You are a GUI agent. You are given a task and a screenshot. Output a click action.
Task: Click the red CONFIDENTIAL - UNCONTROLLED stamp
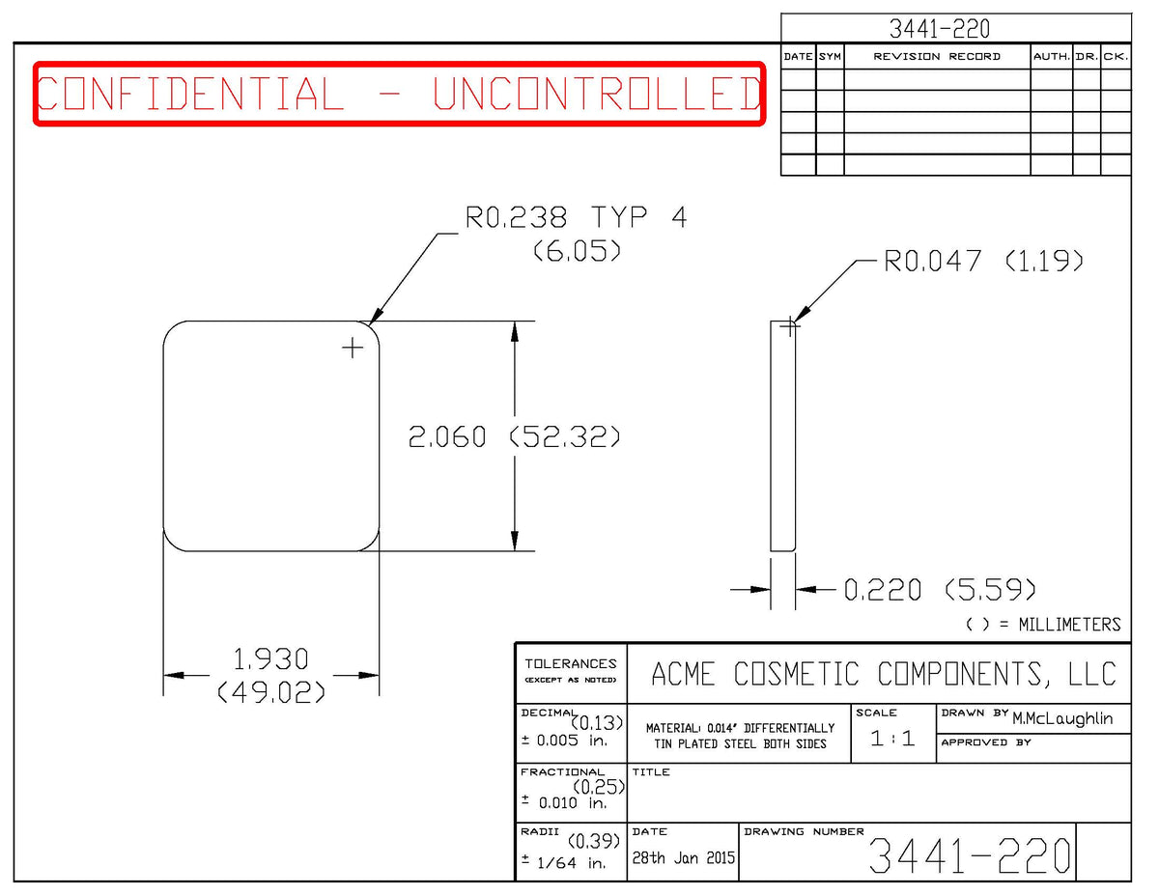click(400, 94)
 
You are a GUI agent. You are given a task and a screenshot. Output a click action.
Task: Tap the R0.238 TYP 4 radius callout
click(576, 217)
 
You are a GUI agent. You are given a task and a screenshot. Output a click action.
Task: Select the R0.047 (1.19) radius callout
click(984, 262)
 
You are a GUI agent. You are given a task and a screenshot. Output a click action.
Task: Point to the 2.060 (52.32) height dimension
click(514, 436)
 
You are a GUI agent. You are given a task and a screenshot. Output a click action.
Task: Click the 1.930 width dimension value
click(271, 659)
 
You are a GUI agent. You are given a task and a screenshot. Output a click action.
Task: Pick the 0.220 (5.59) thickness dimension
click(939, 590)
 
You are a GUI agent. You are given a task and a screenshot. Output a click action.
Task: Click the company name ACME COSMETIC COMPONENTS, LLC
click(883, 674)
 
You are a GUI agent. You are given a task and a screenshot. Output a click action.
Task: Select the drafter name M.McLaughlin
click(1062, 718)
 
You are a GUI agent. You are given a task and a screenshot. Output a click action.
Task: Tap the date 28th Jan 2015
click(683, 857)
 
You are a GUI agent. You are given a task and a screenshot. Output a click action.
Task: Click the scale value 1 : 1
click(892, 739)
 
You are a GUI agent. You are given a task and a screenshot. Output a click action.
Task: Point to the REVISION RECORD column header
click(937, 57)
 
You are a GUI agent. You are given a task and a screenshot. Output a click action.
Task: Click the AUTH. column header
click(1051, 57)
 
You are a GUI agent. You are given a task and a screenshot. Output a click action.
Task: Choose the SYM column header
click(830, 57)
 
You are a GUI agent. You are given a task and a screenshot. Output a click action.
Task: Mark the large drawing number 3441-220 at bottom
click(970, 855)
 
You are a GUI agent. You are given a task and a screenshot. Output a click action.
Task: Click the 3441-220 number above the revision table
click(939, 29)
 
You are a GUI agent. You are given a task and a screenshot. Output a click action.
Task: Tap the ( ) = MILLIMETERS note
click(1043, 625)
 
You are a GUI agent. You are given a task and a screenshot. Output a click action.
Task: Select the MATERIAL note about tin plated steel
click(740, 736)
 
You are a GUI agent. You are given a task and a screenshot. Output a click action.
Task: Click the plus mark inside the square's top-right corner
click(353, 349)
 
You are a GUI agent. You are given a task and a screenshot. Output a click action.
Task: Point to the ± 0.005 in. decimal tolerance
click(564, 741)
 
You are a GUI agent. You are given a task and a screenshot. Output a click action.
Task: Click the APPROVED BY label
click(986, 742)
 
